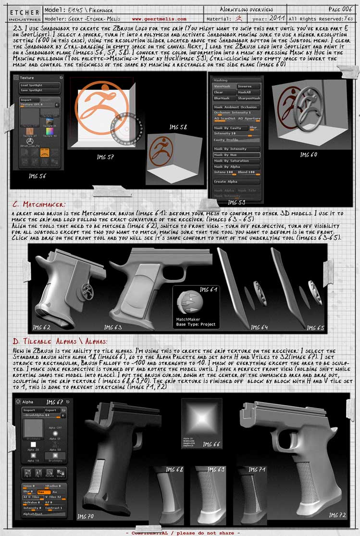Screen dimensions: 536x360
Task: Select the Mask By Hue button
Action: click(x=236, y=155)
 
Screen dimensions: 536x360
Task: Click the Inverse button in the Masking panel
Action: click(x=248, y=87)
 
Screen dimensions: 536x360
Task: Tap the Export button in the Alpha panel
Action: click(x=47, y=410)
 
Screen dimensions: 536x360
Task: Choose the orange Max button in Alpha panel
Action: click(x=43, y=491)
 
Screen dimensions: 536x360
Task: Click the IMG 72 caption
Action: click(x=337, y=515)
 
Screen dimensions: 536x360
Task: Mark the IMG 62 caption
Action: click(x=41, y=327)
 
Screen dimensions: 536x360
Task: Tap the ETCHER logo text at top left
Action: click(x=22, y=12)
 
